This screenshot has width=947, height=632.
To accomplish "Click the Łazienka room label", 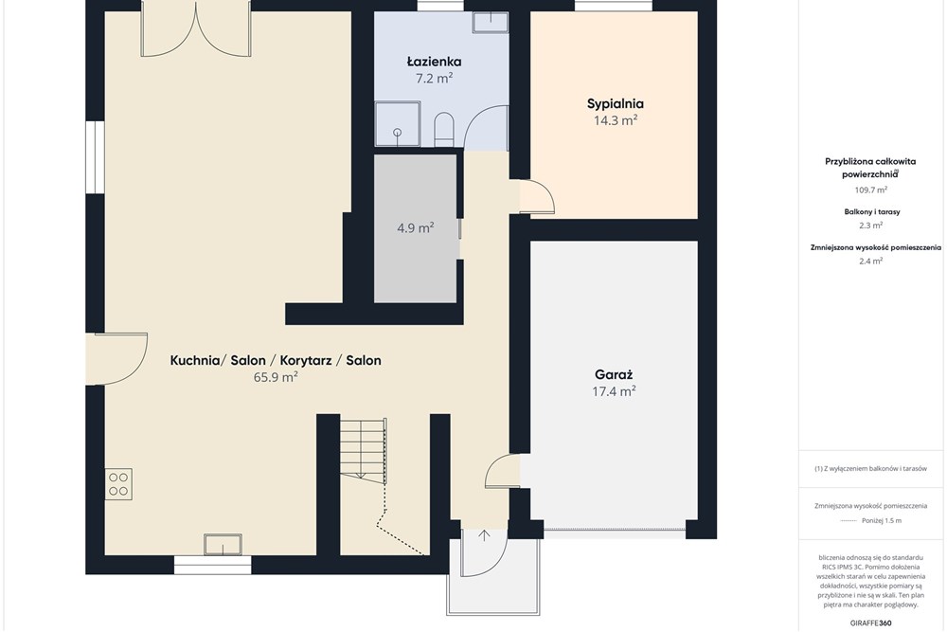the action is [435, 62].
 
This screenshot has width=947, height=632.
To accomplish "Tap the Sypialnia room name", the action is [616, 104].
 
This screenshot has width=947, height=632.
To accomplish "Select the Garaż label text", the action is [614, 374].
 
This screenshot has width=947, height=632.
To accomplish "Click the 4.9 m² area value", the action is [416, 227].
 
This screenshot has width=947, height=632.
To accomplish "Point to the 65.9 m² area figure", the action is [276, 377].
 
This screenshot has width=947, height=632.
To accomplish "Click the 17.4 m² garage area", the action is [614, 391].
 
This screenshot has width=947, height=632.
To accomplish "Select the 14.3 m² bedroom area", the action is [616, 120].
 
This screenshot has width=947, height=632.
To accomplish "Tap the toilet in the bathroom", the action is [444, 129].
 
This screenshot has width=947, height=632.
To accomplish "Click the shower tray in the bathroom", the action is [398, 124].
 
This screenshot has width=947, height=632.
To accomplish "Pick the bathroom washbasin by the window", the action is [490, 23].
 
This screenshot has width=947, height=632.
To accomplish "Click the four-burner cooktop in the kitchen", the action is [118, 484].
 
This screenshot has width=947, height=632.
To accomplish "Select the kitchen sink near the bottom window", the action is [223, 545].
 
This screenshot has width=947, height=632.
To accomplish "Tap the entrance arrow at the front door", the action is [484, 535].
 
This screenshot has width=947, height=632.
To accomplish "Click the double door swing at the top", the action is [196, 30].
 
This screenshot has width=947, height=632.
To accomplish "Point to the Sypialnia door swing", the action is [537, 196].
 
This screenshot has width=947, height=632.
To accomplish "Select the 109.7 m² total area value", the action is [871, 190].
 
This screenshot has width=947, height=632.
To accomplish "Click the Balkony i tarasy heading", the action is [871, 212].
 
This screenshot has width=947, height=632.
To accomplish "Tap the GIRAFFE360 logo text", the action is [871, 623].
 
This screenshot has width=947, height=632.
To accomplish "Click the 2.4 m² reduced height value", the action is [871, 261].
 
